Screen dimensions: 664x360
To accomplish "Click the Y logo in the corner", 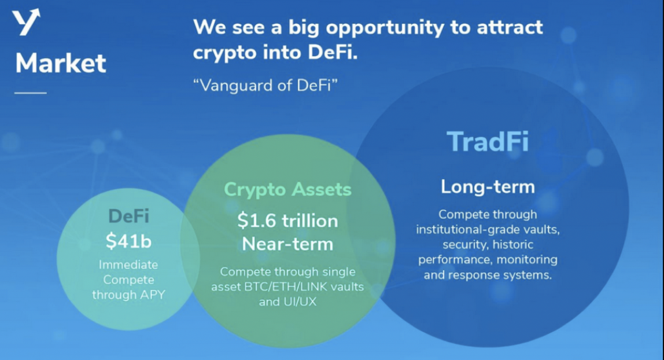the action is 26,22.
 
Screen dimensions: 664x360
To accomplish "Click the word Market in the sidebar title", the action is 61,63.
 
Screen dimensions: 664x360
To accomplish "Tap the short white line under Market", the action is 31,93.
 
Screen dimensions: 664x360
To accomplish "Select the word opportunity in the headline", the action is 385,28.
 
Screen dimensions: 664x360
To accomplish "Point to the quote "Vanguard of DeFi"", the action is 265,85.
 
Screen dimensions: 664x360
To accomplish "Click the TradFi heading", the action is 488,141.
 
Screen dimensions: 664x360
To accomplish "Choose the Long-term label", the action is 488,186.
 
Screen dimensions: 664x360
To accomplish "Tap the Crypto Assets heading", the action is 287,189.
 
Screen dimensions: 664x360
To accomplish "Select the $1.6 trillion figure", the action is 287,221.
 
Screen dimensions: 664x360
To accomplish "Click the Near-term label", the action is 287,244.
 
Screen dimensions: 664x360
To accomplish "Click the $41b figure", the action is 128,241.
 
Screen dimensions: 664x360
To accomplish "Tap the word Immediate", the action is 128,265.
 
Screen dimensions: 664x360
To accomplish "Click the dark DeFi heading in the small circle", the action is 129,216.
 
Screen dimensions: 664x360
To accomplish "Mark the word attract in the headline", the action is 510,27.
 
